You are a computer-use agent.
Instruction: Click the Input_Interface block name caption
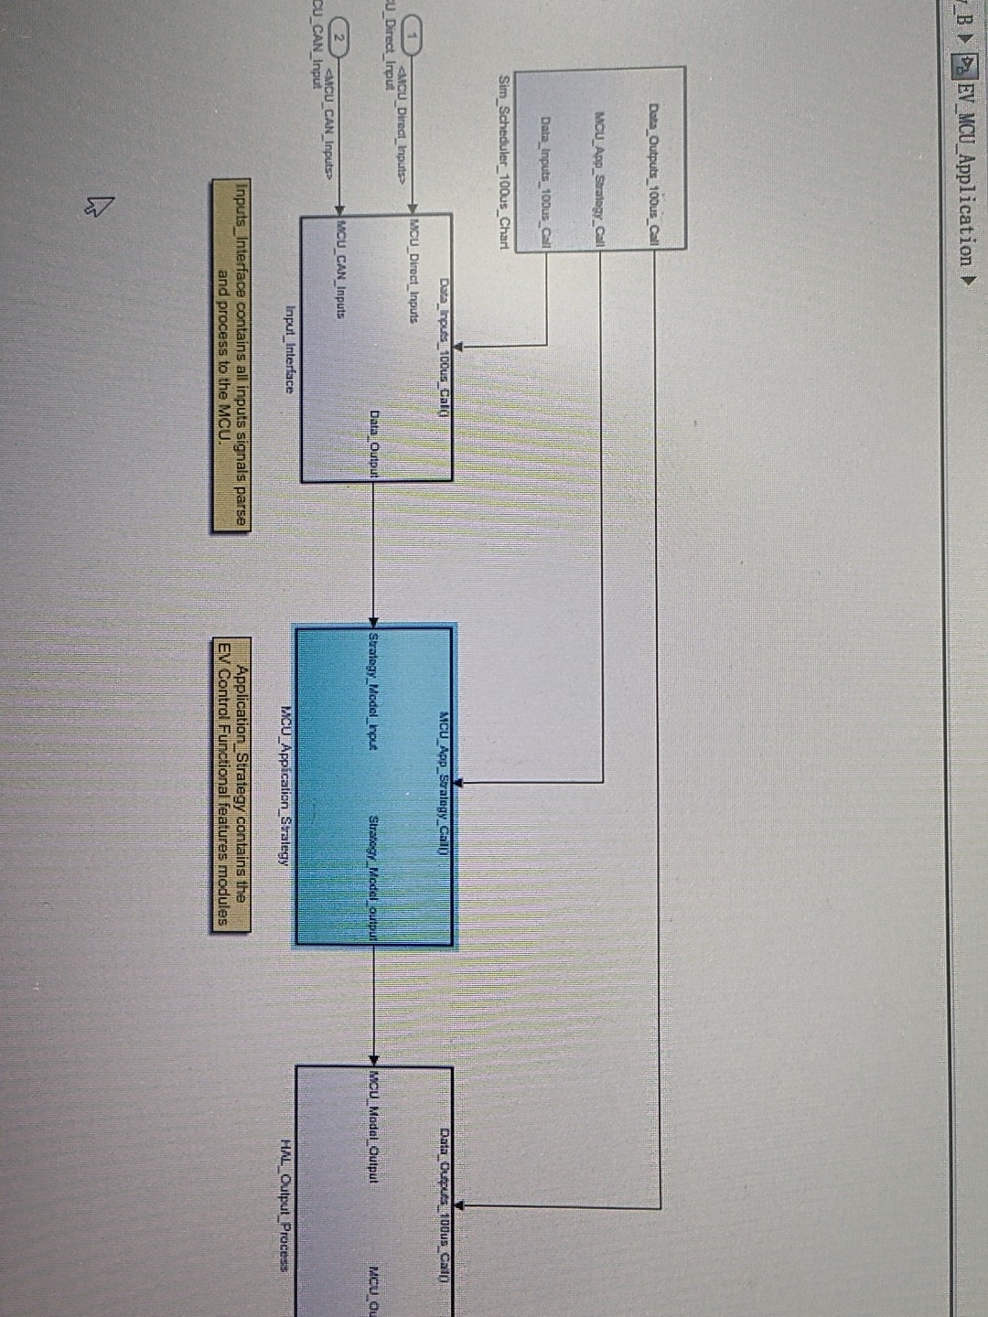[x=290, y=348]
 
